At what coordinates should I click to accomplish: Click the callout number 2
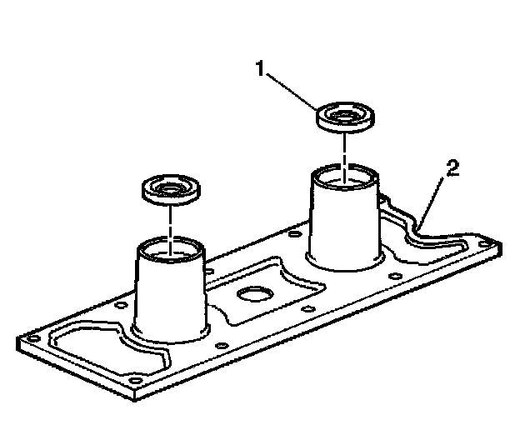coord(451,170)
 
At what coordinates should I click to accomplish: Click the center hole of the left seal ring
coord(171,186)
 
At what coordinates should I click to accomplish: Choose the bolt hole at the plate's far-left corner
coord(32,339)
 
